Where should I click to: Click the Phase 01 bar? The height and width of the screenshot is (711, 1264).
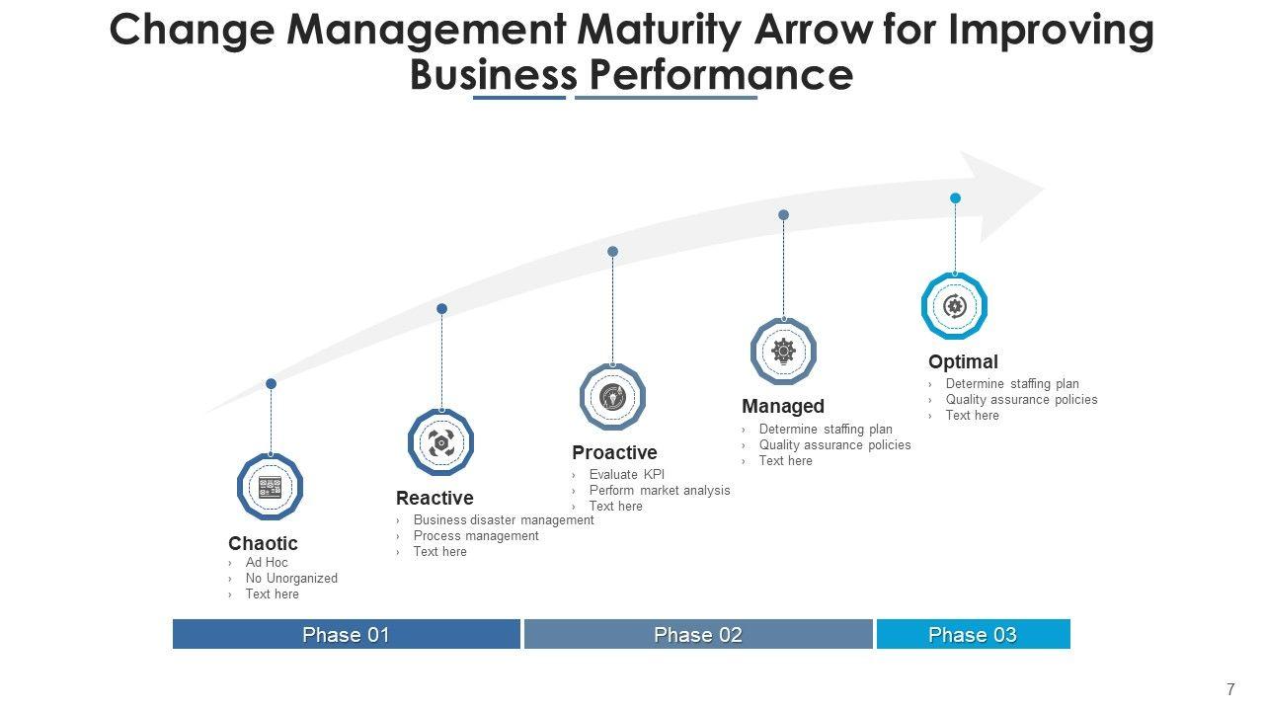(346, 634)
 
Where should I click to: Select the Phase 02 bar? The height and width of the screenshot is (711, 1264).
(698, 634)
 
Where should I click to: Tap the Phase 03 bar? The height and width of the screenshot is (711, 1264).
(973, 634)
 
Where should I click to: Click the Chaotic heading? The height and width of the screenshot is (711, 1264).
(263, 543)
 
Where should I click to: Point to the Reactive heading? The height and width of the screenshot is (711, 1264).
(434, 498)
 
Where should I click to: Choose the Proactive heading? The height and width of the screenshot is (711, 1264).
(614, 452)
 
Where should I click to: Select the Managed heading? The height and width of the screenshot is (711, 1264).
(783, 406)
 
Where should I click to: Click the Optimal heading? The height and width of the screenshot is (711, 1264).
(963, 361)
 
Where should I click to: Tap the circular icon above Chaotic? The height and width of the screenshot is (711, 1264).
(270, 487)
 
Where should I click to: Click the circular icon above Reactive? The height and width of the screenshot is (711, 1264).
(440, 442)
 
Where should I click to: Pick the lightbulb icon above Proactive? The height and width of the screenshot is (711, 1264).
(612, 397)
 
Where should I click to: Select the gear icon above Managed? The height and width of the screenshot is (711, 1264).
(783, 351)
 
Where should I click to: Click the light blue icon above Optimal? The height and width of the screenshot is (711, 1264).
(954, 306)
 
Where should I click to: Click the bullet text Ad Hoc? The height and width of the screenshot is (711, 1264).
(267, 563)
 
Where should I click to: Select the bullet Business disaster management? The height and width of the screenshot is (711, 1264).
(504, 520)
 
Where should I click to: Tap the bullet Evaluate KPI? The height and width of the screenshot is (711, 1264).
(626, 475)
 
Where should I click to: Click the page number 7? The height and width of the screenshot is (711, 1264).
(1230, 690)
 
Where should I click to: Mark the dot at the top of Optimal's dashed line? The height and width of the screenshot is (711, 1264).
(955, 198)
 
